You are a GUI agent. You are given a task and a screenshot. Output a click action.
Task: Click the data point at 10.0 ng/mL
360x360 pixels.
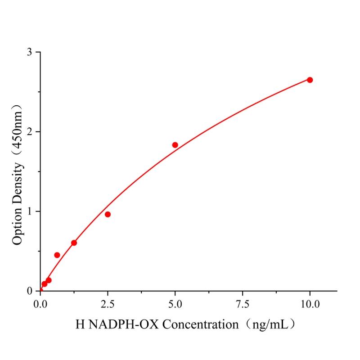point(310,80)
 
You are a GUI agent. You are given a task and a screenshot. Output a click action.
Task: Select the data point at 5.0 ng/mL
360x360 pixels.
point(175,145)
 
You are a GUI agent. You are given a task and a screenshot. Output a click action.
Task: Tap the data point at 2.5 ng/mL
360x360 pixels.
point(108,214)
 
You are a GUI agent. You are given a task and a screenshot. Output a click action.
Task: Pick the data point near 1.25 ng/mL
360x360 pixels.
point(74,243)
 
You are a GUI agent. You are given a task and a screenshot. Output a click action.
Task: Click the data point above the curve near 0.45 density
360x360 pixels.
point(57,255)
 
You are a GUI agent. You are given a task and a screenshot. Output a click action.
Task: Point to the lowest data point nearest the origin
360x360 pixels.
point(44,284)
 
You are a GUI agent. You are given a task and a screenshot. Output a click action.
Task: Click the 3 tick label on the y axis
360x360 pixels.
point(30,52)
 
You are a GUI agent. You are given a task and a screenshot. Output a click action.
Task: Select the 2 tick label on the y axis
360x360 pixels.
point(30,132)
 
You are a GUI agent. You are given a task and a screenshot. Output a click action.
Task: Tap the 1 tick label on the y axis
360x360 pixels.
point(30,211)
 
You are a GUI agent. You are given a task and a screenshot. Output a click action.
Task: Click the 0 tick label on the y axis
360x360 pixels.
point(30,291)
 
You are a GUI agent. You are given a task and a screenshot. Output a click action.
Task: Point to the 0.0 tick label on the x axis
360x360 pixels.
point(40,304)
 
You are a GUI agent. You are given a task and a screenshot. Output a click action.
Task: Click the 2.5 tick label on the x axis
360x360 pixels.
point(108,304)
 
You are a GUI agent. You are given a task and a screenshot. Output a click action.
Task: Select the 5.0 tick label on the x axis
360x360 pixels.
point(175,304)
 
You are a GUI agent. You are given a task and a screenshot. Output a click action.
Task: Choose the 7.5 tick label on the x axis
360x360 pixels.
point(243,304)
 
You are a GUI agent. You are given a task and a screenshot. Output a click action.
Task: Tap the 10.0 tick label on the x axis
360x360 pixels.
point(310,304)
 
